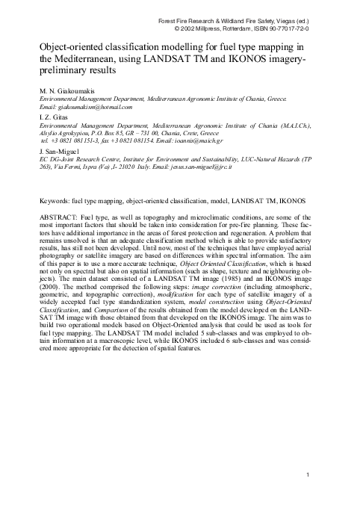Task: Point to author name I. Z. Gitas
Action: coord(49,117)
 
